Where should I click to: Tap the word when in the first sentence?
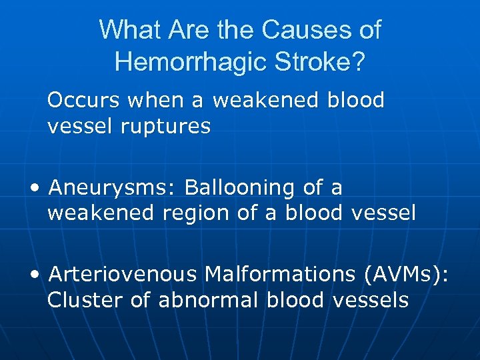click(x=161, y=101)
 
